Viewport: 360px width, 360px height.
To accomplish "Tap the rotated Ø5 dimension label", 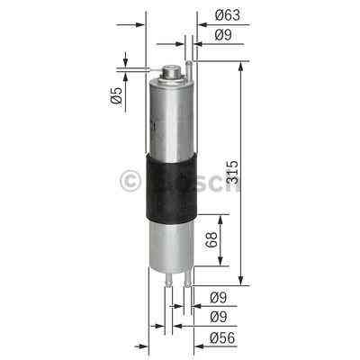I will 117,99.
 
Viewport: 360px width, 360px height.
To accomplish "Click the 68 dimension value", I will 209,241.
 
